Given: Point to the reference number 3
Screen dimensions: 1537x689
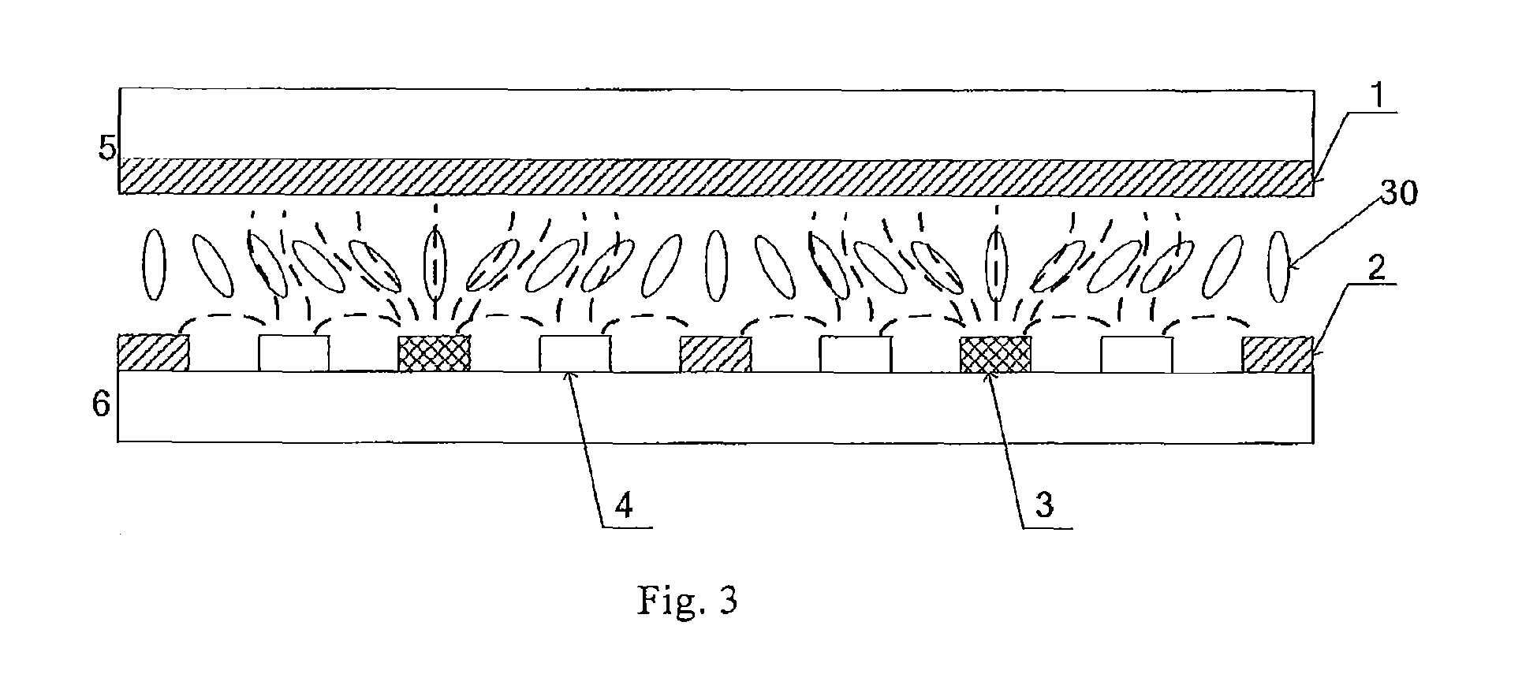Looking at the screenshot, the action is (1043, 505).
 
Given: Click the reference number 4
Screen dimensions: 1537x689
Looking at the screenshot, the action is (624, 505).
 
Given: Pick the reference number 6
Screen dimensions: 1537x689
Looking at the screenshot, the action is (102, 408).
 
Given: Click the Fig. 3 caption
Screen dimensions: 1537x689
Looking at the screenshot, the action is (687, 601).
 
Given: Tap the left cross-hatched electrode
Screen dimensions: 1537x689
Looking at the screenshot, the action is (435, 354).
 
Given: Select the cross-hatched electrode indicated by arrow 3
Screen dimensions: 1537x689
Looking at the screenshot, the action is (995, 354).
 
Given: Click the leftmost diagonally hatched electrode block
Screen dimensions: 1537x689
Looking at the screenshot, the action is (153, 353).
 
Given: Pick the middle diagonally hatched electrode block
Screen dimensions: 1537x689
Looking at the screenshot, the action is (715, 354).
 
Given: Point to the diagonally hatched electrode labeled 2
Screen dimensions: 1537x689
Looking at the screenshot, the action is (1278, 354).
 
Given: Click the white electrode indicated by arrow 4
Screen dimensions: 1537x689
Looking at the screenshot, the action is (575, 354).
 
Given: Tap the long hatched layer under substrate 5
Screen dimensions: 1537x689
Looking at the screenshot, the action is (716, 176).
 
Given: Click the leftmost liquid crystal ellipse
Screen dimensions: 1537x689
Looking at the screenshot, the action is (154, 263).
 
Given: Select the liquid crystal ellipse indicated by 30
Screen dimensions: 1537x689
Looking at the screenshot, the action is (1279, 269).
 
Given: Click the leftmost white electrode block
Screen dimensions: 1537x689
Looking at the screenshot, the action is (294, 354).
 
